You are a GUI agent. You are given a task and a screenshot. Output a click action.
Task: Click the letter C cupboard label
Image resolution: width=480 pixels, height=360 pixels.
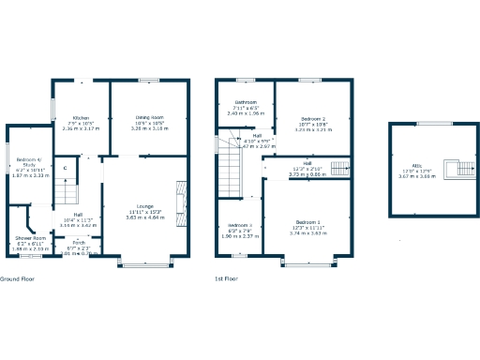point(65,168)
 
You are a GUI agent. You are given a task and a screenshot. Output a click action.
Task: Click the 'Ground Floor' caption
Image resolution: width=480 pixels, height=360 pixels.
point(19,278)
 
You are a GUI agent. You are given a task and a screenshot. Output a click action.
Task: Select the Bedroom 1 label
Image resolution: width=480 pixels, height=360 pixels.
point(307,221)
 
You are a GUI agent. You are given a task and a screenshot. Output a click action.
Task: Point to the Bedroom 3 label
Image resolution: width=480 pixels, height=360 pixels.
point(240,225)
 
